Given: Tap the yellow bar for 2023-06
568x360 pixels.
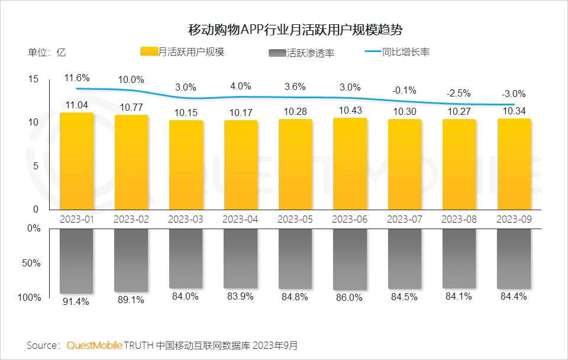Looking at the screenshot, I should pyautogui.click(x=350, y=163).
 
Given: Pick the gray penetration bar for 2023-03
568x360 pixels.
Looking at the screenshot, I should pyautogui.click(x=186, y=258).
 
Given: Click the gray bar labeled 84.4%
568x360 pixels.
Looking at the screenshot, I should pyautogui.click(x=514, y=259).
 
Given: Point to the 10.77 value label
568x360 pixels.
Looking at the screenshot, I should pyautogui.click(x=131, y=108).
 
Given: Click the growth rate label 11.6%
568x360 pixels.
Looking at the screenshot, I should pyautogui.click(x=77, y=78).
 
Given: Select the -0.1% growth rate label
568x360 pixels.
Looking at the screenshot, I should pyautogui.click(x=404, y=90).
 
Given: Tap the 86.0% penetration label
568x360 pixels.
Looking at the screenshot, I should pyautogui.click(x=350, y=298).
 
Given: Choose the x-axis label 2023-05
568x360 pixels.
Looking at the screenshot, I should pyautogui.click(x=295, y=219).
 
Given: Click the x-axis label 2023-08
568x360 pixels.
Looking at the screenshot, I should pyautogui.click(x=459, y=219).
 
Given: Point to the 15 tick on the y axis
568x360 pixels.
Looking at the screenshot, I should pyautogui.click(x=33, y=79).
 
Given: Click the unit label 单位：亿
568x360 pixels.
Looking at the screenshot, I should pyautogui.click(x=47, y=52).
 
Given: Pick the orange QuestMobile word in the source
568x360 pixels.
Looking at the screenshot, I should pyautogui.click(x=94, y=345).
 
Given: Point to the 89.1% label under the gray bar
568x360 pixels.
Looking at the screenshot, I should pyautogui.click(x=131, y=300).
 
